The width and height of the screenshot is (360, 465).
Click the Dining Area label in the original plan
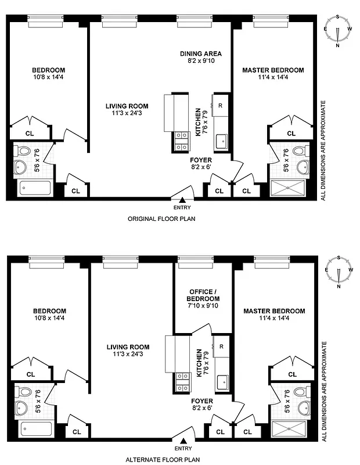point(200,53)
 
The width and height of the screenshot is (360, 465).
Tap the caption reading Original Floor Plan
point(161,219)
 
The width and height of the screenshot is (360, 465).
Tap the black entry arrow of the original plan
point(182,199)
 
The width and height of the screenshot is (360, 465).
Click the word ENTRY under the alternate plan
point(182,448)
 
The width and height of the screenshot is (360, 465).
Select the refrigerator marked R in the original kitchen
point(220,105)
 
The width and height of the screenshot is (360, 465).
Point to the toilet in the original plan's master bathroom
point(298,151)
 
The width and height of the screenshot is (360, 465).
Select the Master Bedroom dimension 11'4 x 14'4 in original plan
point(273,78)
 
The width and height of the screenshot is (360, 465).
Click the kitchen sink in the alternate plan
point(221,381)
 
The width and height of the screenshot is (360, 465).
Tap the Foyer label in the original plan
point(201,160)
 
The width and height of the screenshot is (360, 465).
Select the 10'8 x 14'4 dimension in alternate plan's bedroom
point(49,319)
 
